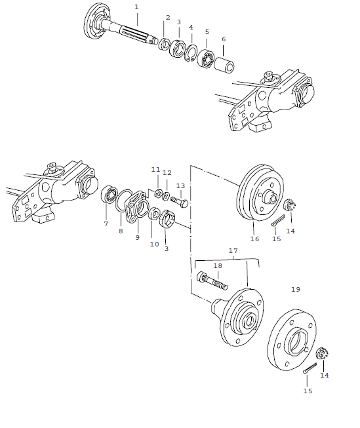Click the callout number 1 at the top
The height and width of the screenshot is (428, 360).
click(136, 7)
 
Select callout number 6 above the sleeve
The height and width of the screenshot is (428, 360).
click(223, 39)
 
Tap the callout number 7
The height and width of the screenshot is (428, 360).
click(106, 224)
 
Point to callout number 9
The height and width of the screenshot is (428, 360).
click(137, 237)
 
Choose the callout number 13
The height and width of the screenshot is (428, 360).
click(180, 186)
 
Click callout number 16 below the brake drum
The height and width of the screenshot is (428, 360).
click(254, 240)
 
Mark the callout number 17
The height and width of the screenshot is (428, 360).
click(233, 250)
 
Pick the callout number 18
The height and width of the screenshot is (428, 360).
click(217, 265)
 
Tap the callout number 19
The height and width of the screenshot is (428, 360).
click(295, 289)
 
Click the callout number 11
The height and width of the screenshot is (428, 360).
click(155, 169)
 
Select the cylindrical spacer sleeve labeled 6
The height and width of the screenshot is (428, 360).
click(226, 65)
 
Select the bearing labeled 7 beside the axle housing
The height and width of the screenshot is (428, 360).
click(110, 196)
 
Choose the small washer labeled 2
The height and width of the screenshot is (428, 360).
click(165, 45)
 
